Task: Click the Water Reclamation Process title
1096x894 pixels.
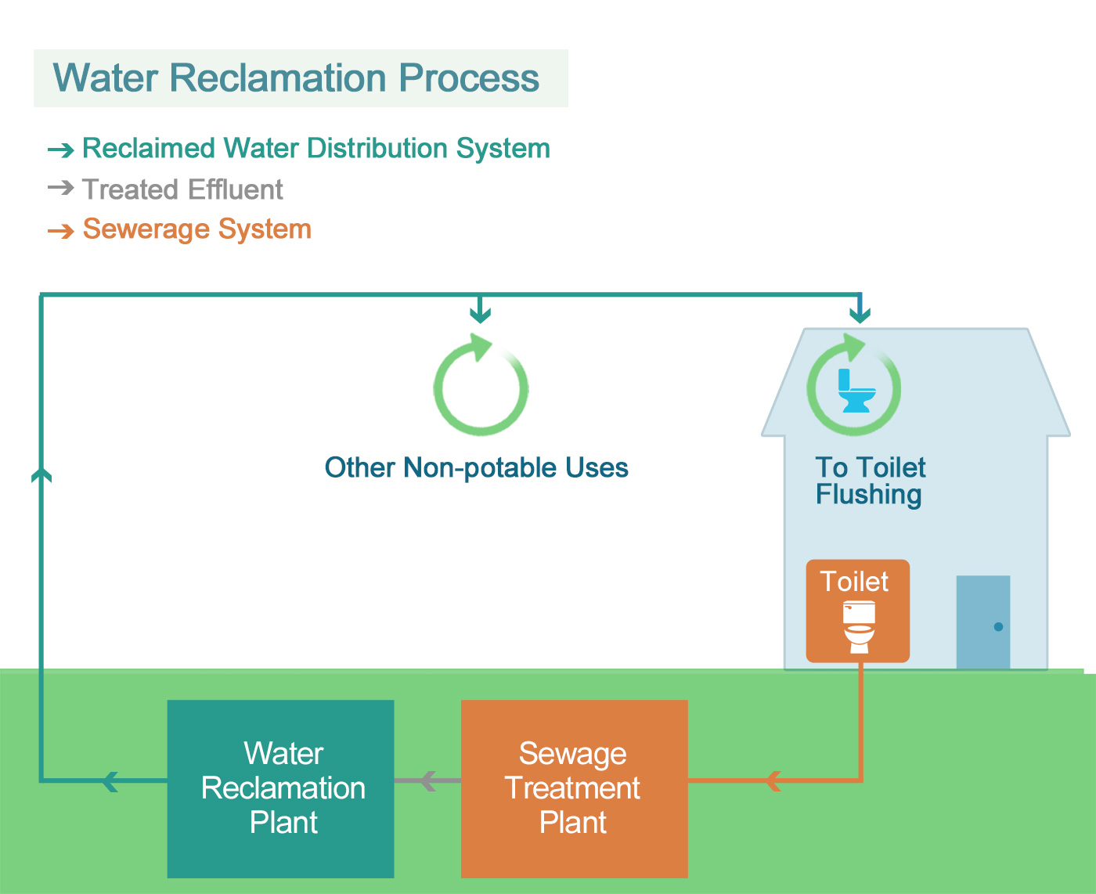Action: click(x=296, y=78)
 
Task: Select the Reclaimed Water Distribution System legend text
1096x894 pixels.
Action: click(x=315, y=148)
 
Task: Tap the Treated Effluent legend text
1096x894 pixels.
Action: click(x=182, y=189)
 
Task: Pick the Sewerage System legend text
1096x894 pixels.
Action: click(x=196, y=229)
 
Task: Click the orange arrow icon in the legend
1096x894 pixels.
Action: click(x=60, y=231)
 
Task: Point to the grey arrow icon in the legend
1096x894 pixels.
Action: click(x=60, y=188)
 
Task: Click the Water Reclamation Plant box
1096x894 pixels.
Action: click(x=281, y=788)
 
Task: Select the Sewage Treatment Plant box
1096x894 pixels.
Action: click(x=574, y=788)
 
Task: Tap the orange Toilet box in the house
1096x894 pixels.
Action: click(x=858, y=611)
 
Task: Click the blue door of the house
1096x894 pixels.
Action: click(x=982, y=622)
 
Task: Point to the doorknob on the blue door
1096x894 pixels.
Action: click(x=998, y=626)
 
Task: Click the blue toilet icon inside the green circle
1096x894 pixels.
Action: click(x=855, y=391)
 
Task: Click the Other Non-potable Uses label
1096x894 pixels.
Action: click(x=476, y=467)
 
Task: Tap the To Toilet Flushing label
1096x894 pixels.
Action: click(x=870, y=481)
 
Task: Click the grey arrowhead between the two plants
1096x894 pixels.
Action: click(x=427, y=780)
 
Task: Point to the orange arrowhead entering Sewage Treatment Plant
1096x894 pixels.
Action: click(x=773, y=780)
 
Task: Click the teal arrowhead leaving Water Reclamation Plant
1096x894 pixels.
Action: click(x=110, y=780)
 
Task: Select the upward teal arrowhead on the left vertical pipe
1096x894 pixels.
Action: click(x=41, y=474)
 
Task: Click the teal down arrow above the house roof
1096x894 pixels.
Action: click(x=860, y=314)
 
